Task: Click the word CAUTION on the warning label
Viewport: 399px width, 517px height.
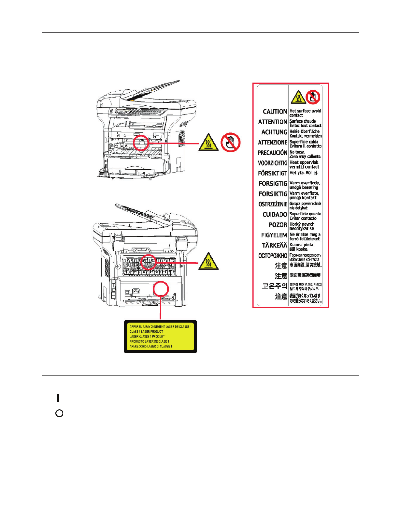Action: [x=275, y=112]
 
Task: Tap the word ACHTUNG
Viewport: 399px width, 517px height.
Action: [x=274, y=132]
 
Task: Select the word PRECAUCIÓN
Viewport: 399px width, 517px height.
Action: [x=272, y=153]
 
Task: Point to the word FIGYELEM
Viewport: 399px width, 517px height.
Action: [x=274, y=235]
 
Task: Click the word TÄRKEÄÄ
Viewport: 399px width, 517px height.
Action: [x=275, y=245]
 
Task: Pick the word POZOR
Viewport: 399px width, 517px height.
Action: [x=278, y=225]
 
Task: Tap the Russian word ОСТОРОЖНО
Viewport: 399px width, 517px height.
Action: [x=273, y=256]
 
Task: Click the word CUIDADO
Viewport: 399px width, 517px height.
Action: [x=275, y=214]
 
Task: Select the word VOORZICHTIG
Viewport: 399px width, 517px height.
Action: [x=272, y=163]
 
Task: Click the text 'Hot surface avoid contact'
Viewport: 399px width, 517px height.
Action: [x=305, y=113]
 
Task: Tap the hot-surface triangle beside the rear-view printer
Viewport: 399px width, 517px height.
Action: [x=208, y=261]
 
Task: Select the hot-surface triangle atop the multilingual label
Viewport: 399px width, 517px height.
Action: [x=298, y=97]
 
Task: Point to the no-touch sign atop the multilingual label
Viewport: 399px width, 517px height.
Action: [x=313, y=97]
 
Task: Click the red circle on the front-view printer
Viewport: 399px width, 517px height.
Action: [x=141, y=143]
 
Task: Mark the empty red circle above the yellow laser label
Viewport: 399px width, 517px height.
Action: [x=161, y=289]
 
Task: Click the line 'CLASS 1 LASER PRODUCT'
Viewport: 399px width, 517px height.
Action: [x=146, y=331]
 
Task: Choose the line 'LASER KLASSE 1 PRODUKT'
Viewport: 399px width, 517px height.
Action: [x=147, y=336]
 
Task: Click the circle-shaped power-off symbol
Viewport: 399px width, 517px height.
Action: [x=59, y=413]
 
